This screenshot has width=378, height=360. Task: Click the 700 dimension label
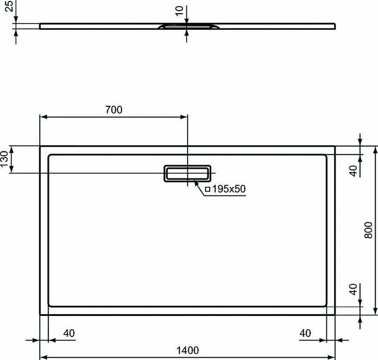[113, 110]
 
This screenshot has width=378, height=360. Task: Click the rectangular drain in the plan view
[188, 173]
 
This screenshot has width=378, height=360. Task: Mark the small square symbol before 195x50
[207, 189]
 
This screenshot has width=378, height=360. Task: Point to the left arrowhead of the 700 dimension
[43, 117]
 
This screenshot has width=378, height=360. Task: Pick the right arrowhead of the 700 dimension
[184, 117]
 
